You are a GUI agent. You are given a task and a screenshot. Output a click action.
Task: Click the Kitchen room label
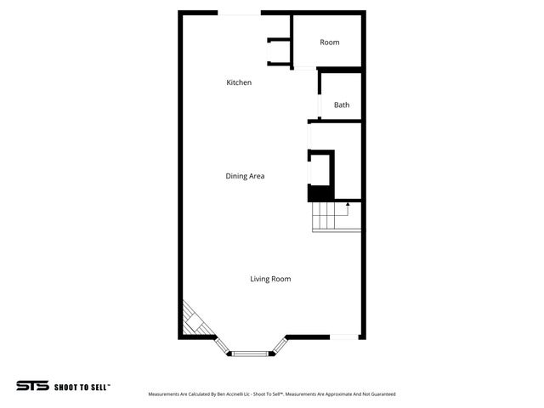239,82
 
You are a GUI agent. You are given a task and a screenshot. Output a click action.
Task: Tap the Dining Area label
245,176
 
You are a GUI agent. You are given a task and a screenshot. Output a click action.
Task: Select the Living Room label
270,279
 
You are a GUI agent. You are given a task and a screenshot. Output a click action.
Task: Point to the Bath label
342,105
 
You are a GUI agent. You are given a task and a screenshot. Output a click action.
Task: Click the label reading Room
330,42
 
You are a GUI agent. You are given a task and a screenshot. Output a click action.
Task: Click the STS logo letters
32,386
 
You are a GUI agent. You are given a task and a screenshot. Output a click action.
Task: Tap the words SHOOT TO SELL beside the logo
82,386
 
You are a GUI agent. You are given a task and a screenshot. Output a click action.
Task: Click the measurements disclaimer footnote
272,394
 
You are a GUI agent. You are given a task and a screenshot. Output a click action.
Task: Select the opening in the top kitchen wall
240,14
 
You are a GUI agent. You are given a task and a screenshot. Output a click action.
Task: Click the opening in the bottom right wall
343,337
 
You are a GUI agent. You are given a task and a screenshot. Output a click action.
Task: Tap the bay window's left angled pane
222,345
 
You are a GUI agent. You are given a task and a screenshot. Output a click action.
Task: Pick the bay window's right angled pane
278,345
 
